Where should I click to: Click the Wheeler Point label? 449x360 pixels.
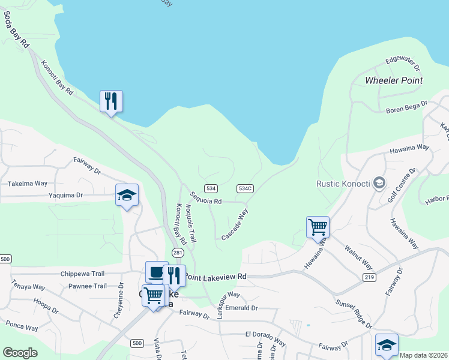pyautogui.click(x=394, y=80)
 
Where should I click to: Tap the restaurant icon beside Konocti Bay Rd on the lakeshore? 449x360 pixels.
pyautogui.click(x=111, y=101)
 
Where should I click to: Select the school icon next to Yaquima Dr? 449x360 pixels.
pyautogui.click(x=127, y=195)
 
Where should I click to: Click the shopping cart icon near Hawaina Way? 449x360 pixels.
pyautogui.click(x=318, y=227)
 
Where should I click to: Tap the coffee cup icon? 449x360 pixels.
pyautogui.click(x=157, y=272)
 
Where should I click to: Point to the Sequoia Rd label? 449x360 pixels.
pyautogui.click(x=206, y=197)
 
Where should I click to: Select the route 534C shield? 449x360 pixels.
pyautogui.click(x=245, y=188)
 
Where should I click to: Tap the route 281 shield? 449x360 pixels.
pyautogui.click(x=178, y=253)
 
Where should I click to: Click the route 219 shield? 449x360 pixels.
pyautogui.click(x=369, y=276)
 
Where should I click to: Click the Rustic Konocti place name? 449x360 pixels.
pyautogui.click(x=342, y=183)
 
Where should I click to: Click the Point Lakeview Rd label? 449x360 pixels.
pyautogui.click(x=215, y=277)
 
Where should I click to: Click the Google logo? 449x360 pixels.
pyautogui.click(x=20, y=353)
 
